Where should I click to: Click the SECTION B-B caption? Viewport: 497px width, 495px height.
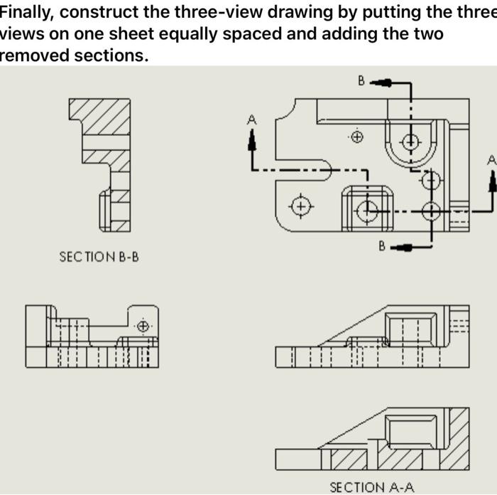[99, 257]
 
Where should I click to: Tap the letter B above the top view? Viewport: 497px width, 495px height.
[361, 81]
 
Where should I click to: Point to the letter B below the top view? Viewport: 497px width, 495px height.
[382, 246]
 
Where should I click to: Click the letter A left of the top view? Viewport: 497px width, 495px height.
[251, 121]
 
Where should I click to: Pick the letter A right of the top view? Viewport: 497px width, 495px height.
[491, 161]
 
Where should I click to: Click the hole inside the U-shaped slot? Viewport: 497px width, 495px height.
[411, 142]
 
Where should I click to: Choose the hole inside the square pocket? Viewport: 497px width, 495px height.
[367, 210]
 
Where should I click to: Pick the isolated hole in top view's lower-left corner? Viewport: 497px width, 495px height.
[302, 206]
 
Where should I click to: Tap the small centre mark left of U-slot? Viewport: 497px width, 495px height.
[358, 136]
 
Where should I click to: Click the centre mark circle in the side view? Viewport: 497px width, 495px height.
[143, 326]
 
